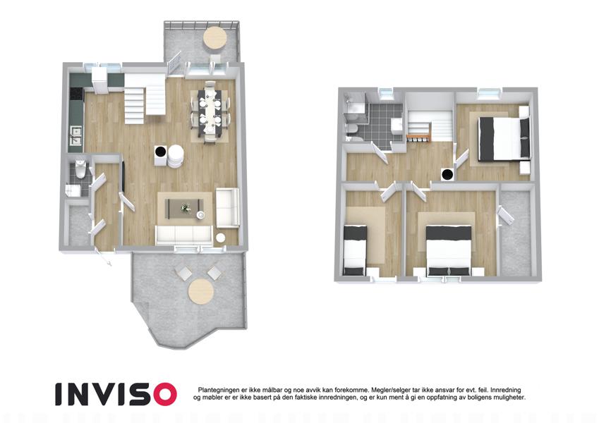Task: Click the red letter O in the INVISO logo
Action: pos(162,394)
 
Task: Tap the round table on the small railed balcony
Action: pos(215,38)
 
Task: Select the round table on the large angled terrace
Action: pos(201,291)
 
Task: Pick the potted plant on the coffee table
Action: pos(186,208)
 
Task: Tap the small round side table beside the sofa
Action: pos(220,238)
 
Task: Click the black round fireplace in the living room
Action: pos(160,152)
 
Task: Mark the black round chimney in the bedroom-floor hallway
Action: pos(447,175)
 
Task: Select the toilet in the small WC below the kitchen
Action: pos(80,169)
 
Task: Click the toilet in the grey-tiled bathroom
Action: pos(352,128)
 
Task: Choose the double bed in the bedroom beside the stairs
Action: pos(504,139)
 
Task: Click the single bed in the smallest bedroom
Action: pos(356,250)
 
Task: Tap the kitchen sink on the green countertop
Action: pos(76,136)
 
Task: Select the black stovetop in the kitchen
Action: pos(76,94)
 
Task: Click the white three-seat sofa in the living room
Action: pos(183,235)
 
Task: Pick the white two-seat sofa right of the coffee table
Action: pos(227,207)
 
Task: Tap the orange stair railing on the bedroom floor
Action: pos(419,136)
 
